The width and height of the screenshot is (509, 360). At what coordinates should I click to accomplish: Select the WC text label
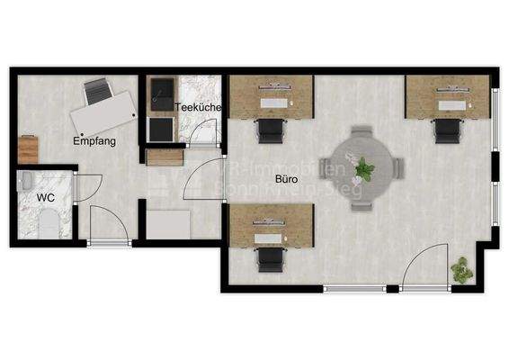[x=46, y=196]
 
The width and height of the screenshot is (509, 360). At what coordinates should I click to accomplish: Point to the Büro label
[x=289, y=178]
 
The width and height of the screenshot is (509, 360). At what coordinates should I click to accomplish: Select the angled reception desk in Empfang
[x=102, y=115]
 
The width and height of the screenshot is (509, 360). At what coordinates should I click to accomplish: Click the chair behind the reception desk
[x=97, y=90]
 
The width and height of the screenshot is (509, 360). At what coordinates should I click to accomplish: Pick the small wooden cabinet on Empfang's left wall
[x=28, y=148]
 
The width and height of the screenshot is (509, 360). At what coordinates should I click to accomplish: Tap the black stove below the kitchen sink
[x=160, y=130]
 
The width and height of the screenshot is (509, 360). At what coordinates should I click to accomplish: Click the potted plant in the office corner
[x=463, y=268]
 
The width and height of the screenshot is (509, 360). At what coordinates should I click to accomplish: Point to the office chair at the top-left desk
[x=270, y=130]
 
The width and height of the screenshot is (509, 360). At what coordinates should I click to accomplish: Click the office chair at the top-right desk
[x=447, y=130]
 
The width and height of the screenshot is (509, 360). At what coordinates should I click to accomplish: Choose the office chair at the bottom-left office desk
[x=270, y=258]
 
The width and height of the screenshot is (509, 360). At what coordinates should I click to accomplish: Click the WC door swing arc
[x=87, y=186]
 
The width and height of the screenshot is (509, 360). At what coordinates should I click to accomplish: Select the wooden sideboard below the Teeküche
[x=165, y=157]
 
